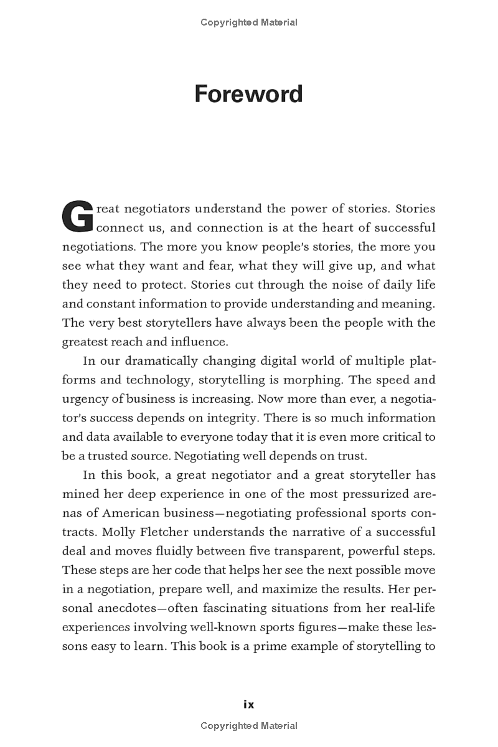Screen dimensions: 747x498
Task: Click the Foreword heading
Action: click(x=248, y=94)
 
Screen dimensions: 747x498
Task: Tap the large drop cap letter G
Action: click(x=77, y=216)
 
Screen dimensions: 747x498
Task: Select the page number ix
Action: click(x=248, y=705)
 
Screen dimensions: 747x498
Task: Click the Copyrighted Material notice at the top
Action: click(x=248, y=22)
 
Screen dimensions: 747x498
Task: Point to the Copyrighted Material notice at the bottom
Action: click(x=248, y=725)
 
